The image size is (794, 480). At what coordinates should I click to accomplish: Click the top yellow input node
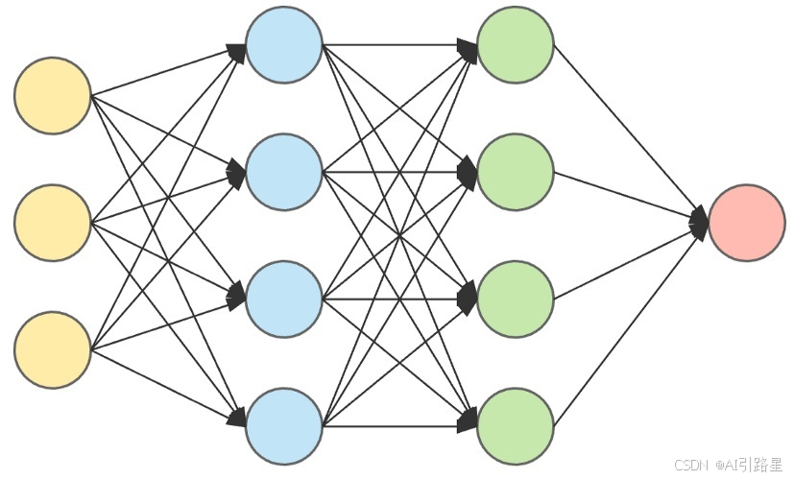(x=53, y=95)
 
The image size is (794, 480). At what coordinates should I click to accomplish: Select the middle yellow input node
(x=53, y=223)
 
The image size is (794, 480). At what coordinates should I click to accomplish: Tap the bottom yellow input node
(x=53, y=349)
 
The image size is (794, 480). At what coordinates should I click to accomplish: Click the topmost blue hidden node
(x=283, y=44)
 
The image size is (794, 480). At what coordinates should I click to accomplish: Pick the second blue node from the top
(x=283, y=172)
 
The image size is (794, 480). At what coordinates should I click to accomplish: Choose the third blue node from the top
(x=283, y=299)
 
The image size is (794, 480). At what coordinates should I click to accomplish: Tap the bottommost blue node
(x=283, y=425)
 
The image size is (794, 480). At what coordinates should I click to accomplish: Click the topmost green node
(x=516, y=44)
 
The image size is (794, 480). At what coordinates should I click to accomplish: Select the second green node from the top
(x=516, y=172)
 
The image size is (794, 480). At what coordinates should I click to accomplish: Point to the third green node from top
(x=516, y=299)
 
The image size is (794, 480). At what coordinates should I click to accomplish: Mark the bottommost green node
(x=516, y=425)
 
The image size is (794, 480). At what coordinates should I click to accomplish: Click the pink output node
(x=747, y=223)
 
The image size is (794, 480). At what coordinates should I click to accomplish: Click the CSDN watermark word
(x=690, y=466)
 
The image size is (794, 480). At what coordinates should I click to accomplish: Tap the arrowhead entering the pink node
(x=700, y=224)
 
